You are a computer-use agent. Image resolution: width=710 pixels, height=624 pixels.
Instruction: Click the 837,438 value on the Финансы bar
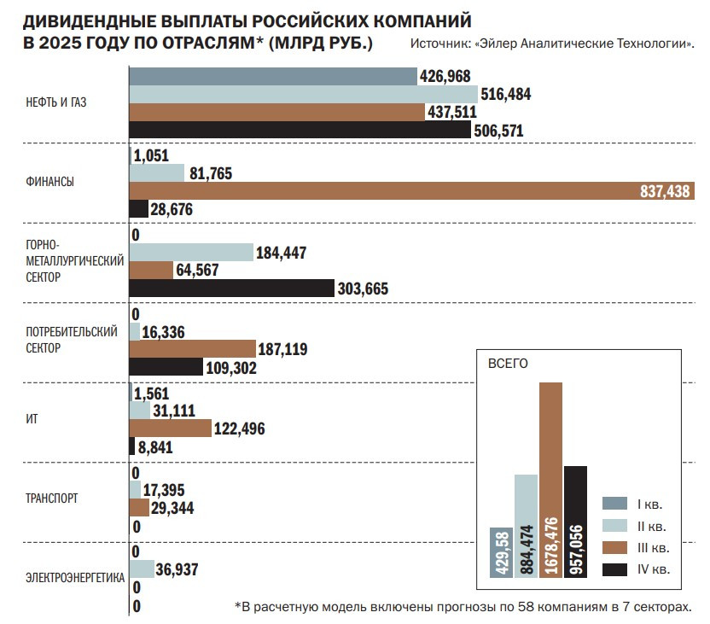pyautogui.click(x=664, y=192)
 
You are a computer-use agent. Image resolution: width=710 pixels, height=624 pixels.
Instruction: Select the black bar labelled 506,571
pyautogui.click(x=299, y=130)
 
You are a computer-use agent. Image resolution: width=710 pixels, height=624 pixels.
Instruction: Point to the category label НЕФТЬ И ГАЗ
pyautogui.click(x=57, y=102)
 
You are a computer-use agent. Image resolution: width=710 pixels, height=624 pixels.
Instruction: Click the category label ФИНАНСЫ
pyautogui.click(x=49, y=182)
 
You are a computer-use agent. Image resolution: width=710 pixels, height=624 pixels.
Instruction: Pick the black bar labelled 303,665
pyautogui.click(x=230, y=289)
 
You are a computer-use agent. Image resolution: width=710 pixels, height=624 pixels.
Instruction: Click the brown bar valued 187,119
pyautogui.click(x=192, y=348)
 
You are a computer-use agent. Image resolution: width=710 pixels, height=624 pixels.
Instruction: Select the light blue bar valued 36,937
pyautogui.click(x=142, y=568)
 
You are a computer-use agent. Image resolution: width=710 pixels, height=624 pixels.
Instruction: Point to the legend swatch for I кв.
pyautogui.click(x=614, y=503)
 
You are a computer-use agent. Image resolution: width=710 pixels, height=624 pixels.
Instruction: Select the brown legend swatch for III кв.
pyautogui.click(x=614, y=547)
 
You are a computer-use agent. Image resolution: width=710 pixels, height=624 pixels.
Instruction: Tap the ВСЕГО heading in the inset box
pyautogui.click(x=507, y=363)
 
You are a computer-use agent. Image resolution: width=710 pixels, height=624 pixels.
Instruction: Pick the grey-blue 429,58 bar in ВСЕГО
pyautogui.click(x=501, y=552)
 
